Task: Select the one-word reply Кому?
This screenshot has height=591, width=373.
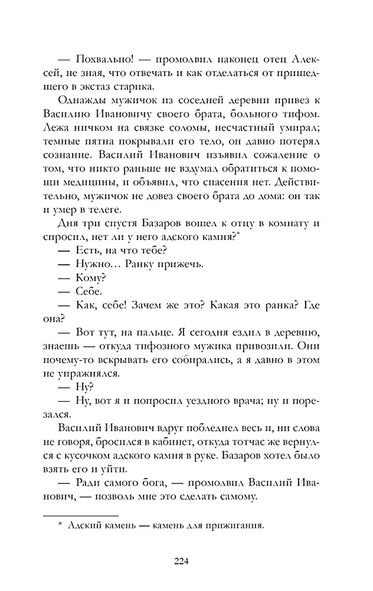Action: click(91, 278)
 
